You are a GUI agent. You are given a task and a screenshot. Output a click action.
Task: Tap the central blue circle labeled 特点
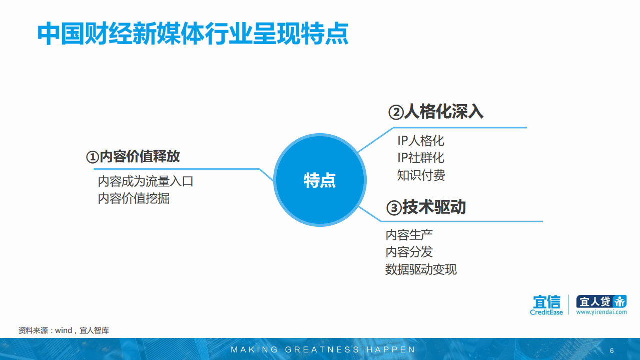[320, 180]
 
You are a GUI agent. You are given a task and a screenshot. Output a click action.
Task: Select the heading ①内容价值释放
[133, 157]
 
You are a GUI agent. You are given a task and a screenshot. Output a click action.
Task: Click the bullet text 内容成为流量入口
[146, 181]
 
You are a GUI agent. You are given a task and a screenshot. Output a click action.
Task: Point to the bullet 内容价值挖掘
[134, 198]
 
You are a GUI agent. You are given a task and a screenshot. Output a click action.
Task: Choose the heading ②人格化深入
[436, 112]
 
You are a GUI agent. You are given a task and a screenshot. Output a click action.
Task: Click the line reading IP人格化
[420, 141]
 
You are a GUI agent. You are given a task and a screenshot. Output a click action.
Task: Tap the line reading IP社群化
[420, 158]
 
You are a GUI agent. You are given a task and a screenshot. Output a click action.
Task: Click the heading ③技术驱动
[426, 207]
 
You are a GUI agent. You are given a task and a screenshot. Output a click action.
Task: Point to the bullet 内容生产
[409, 234]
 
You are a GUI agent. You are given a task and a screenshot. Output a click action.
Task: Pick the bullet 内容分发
[409, 252]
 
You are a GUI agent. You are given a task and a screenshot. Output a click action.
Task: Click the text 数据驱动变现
[421, 269]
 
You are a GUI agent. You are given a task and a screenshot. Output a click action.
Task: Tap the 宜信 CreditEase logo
[546, 305]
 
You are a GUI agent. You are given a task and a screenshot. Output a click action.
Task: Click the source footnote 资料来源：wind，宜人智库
[64, 330]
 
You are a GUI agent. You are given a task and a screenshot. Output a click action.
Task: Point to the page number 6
[611, 350]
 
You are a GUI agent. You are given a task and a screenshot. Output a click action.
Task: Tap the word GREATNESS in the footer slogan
[322, 349]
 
